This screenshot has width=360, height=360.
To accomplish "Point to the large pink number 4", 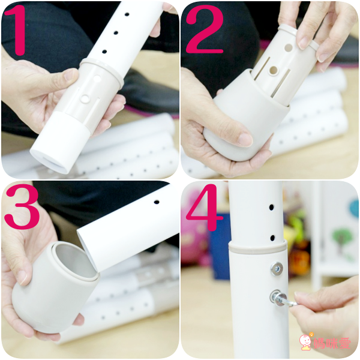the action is (203, 208).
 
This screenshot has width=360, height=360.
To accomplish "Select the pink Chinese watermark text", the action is (332, 343).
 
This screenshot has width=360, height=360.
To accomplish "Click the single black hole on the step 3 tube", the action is (157, 202).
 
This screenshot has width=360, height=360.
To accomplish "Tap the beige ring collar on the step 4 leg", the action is (257, 247).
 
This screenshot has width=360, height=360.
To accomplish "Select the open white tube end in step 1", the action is (49, 161).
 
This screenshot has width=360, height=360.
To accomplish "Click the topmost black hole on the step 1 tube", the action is (127, 14).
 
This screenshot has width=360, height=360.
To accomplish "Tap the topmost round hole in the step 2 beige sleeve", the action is (289, 48).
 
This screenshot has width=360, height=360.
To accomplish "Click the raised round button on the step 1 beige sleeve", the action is (86, 98).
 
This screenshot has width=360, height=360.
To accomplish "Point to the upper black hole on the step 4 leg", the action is (272, 208).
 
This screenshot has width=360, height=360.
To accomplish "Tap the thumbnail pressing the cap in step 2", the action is (245, 139).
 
